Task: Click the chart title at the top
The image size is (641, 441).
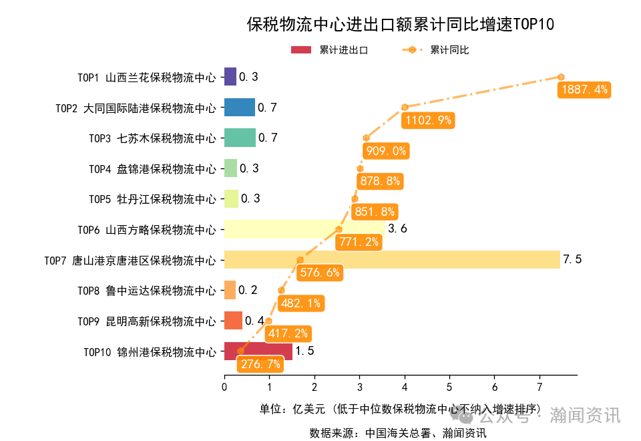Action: point(401,25)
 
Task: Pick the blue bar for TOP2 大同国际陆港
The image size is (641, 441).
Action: point(239,108)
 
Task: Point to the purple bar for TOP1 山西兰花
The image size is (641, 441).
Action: point(230,77)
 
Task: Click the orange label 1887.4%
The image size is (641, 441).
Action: point(584,90)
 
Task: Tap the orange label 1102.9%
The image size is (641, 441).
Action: point(427,120)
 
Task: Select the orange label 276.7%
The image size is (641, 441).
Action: point(260,364)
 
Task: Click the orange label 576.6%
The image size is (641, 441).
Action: point(320,272)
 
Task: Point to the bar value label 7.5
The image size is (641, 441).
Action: point(572,259)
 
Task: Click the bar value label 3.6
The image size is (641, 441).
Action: point(397,229)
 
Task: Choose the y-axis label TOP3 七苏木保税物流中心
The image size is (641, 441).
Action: point(152,138)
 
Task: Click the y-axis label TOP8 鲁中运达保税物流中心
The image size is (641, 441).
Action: point(147,291)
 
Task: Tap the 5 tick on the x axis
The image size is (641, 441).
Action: point(449,386)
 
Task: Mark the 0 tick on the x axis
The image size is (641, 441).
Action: point(224,386)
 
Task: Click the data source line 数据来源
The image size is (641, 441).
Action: point(397,432)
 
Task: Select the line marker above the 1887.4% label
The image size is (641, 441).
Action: point(562,77)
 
